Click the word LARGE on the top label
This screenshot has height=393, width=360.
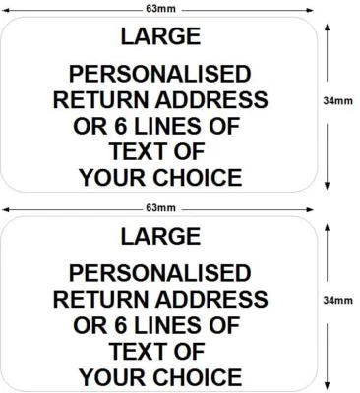[159, 36]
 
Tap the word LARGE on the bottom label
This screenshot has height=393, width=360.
[159, 236]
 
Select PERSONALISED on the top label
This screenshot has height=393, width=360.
[159, 74]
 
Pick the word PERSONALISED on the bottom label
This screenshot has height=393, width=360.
[159, 272]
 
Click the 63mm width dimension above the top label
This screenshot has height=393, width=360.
[159, 8]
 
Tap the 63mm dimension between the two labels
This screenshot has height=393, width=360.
[159, 207]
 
